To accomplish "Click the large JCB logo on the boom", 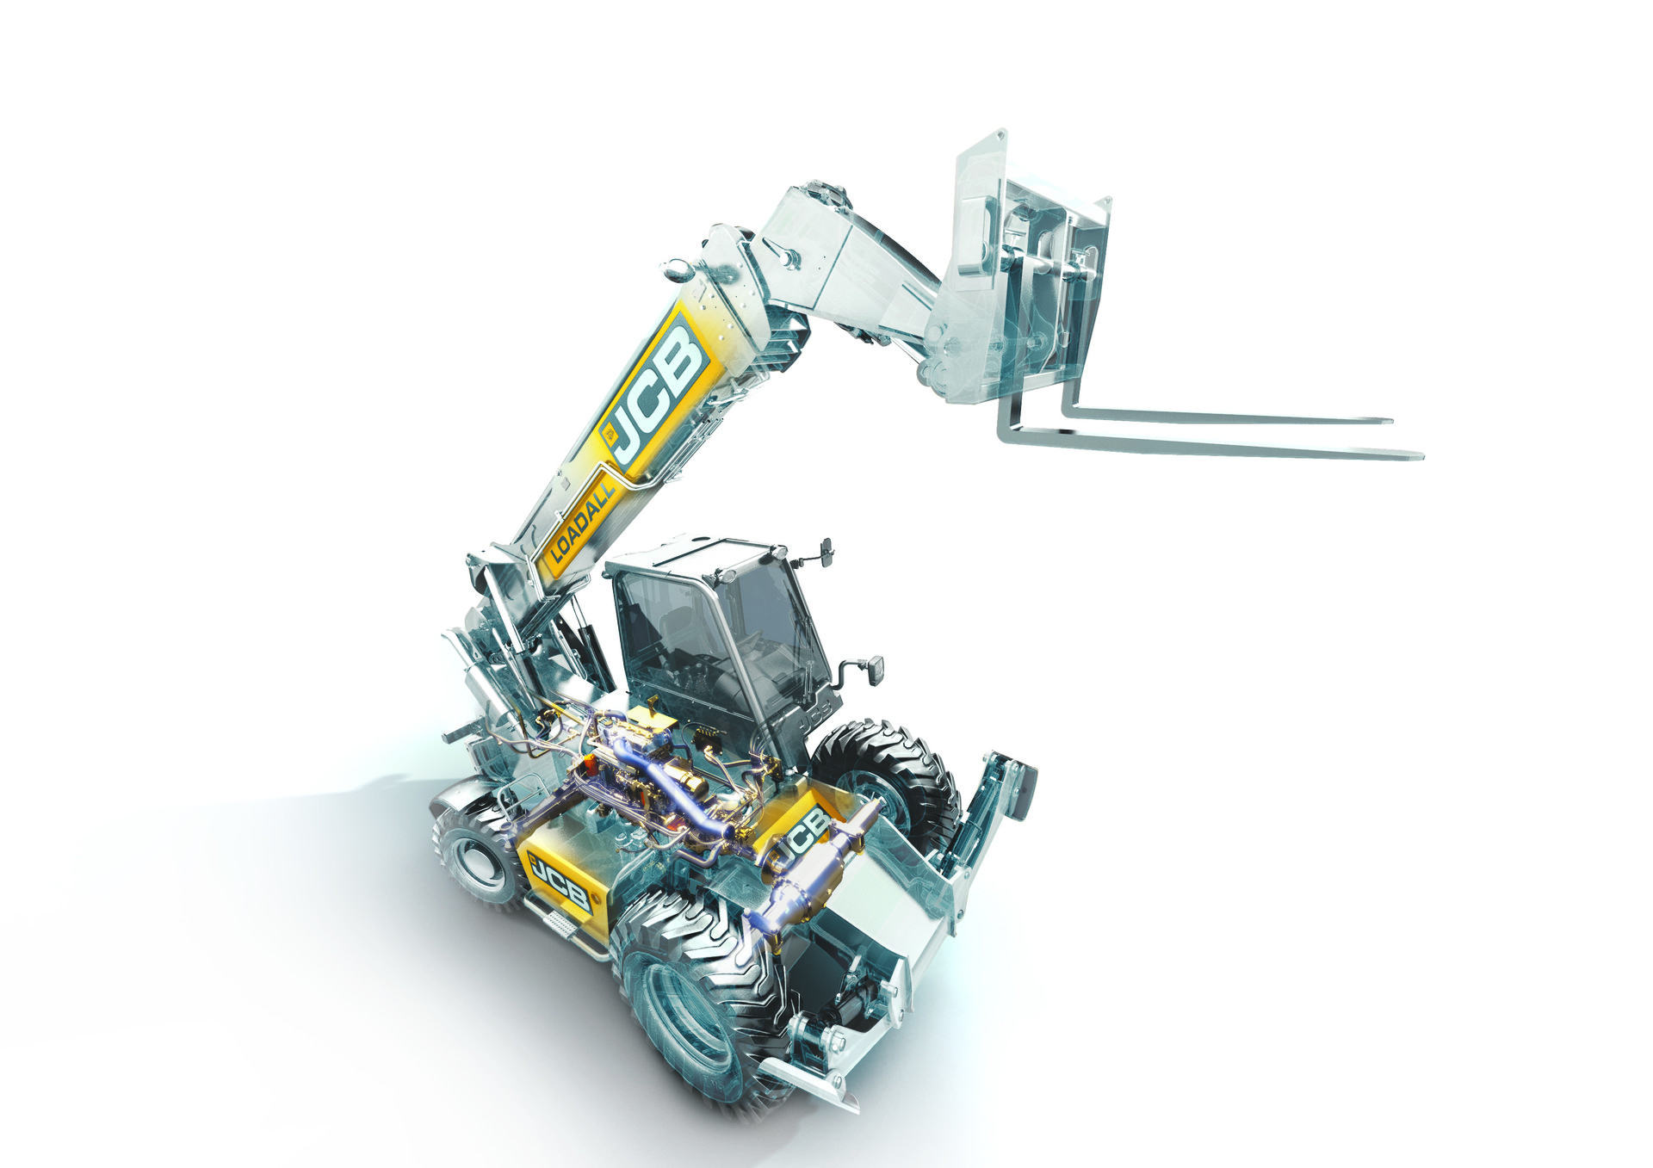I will (x=656, y=389).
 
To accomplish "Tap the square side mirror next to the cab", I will (x=872, y=670).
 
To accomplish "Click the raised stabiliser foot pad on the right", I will (x=1020, y=788).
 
